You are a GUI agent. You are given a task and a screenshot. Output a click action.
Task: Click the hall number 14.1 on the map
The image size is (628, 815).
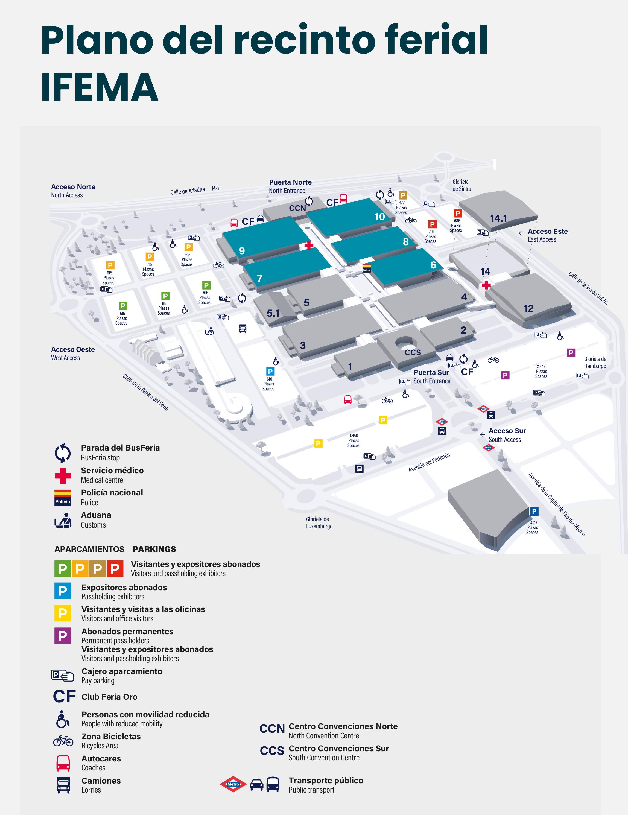[x=498, y=218]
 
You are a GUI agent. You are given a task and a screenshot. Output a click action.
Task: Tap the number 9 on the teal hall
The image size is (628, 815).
[x=242, y=251]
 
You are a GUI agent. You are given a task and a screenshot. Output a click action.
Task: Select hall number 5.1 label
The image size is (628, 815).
[x=273, y=313]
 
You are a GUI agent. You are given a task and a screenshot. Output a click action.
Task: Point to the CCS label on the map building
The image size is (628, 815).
[x=413, y=352]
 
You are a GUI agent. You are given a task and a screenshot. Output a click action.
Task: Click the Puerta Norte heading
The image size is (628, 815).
[x=290, y=182]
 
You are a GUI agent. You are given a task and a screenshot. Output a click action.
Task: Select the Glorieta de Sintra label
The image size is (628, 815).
[x=461, y=185]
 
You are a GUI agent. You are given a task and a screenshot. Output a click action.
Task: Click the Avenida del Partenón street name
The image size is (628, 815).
[x=429, y=463]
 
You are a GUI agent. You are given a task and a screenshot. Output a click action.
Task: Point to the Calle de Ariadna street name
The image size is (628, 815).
[x=188, y=191]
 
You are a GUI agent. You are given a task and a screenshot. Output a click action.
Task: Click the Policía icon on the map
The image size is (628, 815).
[x=366, y=268]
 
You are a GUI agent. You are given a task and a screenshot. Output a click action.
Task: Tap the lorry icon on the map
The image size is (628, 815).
[x=243, y=328]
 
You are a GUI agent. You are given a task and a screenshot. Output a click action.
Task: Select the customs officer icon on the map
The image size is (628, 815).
[x=209, y=331]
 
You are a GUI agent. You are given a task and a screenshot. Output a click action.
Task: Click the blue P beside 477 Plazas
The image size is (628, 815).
[x=534, y=511]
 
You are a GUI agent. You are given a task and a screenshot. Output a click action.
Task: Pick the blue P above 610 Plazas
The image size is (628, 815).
[x=270, y=371]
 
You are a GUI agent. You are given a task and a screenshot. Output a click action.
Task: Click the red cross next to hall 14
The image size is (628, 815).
[x=486, y=285]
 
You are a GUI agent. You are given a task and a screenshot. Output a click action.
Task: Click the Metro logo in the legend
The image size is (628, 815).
[x=233, y=784]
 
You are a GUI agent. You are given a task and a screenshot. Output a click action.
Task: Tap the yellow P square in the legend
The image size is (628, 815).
[x=63, y=613]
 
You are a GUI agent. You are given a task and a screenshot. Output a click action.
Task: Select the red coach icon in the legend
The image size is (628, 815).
[x=63, y=763]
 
